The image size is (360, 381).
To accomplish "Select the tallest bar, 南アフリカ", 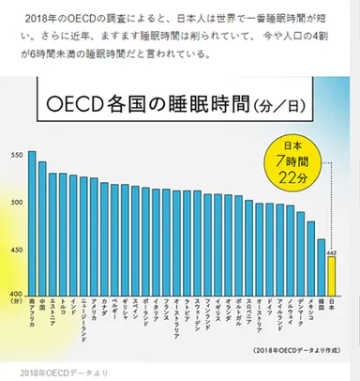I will [x=32, y=221].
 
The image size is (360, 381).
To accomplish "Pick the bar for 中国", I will [x=42, y=226].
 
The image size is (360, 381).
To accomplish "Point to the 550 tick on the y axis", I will [x=16, y=154].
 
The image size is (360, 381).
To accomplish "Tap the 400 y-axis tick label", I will [x=16, y=292].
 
